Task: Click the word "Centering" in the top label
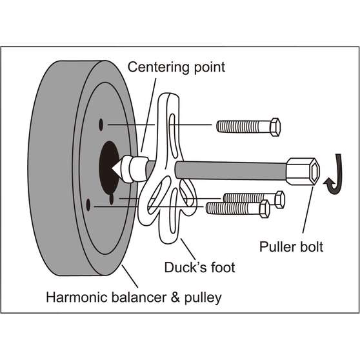pyautogui.click(x=155, y=66)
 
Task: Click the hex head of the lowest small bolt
pyautogui.click(x=263, y=208)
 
